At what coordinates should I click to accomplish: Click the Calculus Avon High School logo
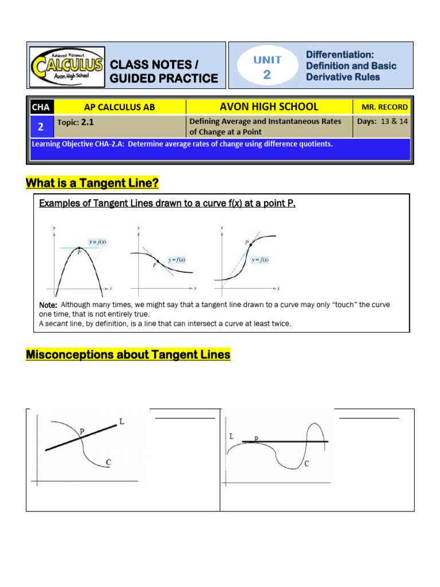[68, 65]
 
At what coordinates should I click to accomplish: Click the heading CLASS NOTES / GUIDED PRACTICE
[164, 71]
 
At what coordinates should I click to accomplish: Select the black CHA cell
[41, 107]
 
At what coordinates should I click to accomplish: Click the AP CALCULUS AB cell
[120, 107]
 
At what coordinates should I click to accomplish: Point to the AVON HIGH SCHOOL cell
[269, 107]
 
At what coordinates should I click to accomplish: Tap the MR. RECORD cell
[384, 107]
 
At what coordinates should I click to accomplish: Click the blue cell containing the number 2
[41, 126]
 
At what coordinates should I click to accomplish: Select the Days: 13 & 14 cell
[382, 121]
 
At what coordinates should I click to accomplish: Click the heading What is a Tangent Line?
[92, 183]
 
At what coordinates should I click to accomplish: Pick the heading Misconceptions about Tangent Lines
[128, 355]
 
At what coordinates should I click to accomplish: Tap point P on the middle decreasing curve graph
[158, 261]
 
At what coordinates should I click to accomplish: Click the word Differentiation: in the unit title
[340, 54]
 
